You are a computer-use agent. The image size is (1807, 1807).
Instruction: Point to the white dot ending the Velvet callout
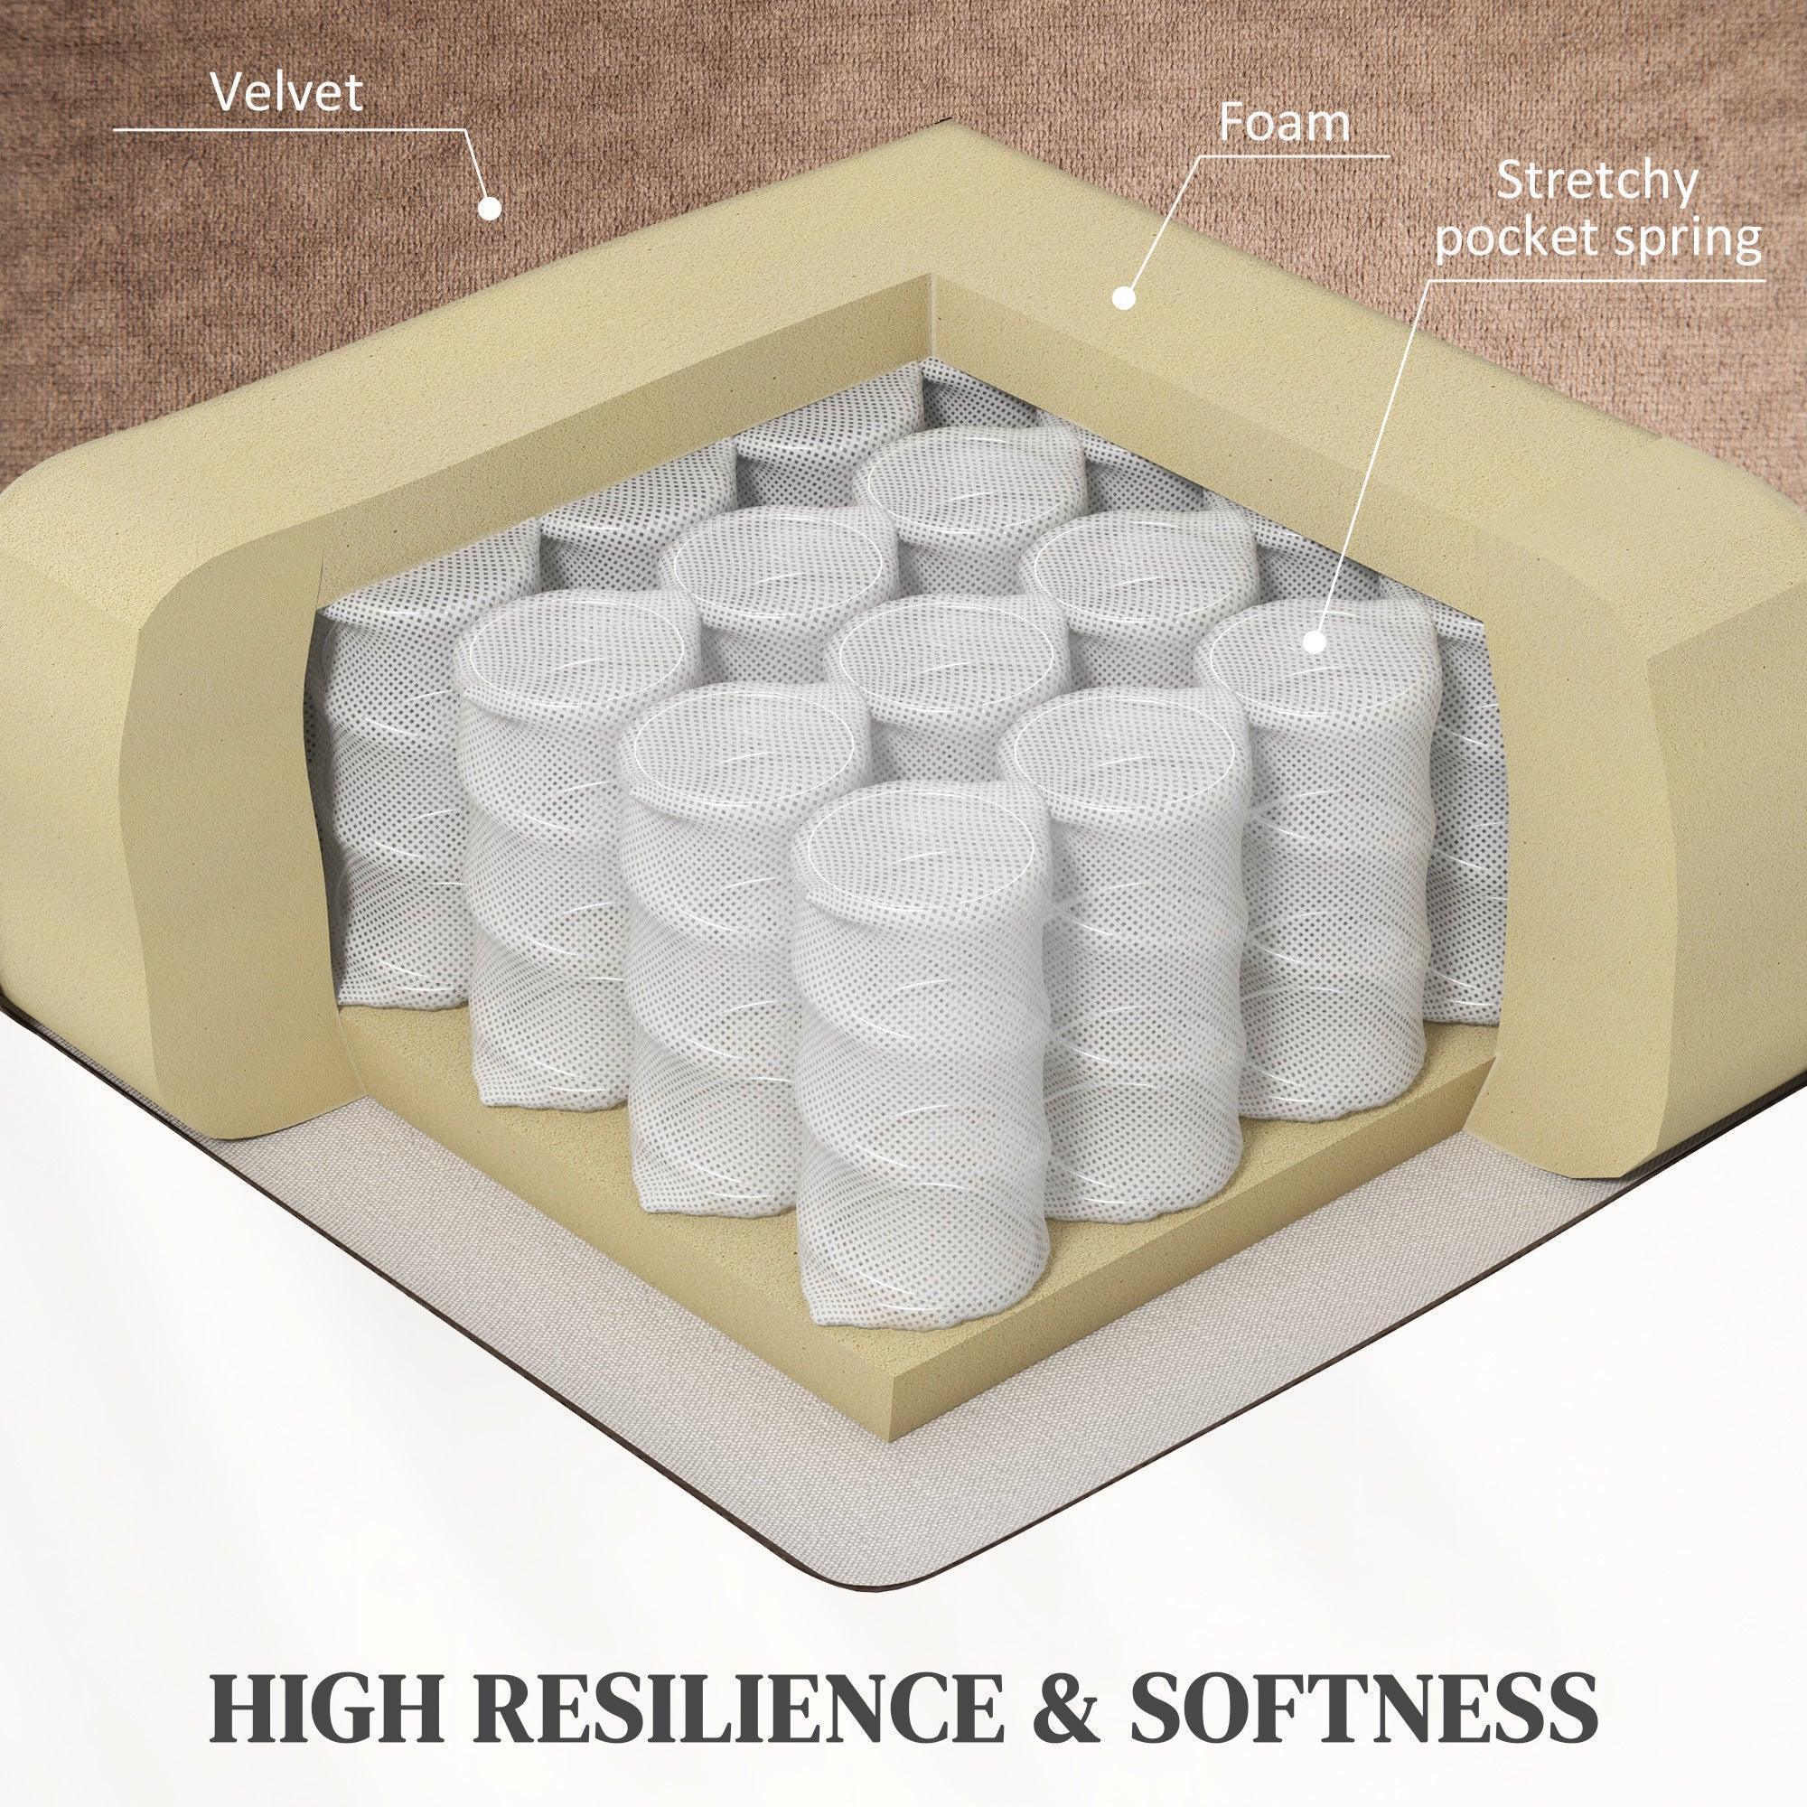[486, 207]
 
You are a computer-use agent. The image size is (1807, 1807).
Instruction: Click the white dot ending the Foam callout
[1123, 298]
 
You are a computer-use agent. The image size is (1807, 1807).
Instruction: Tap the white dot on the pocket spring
[1314, 641]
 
